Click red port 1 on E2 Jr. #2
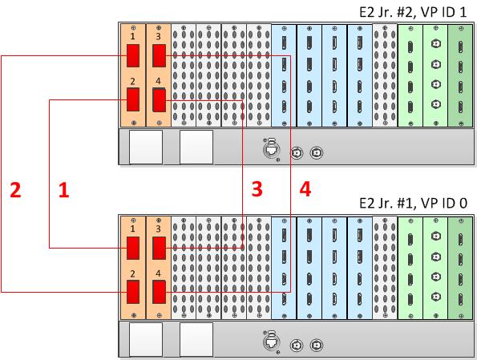point(133,55)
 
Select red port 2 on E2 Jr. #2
point(133,99)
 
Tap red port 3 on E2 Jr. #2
point(159,55)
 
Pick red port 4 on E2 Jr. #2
point(159,100)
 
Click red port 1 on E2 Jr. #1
point(133,248)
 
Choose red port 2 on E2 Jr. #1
point(133,292)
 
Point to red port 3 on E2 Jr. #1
point(159,248)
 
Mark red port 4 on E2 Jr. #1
point(159,292)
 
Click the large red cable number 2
point(15,190)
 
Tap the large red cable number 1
point(64,190)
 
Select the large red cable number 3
point(257,188)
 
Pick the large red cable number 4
point(305,188)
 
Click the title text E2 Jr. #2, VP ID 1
point(413,12)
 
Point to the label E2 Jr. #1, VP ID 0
point(413,203)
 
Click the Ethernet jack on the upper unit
point(270,149)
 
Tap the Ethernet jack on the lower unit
point(270,342)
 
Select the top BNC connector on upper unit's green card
point(436,44)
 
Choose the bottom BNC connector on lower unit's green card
point(436,297)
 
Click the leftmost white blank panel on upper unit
point(146,148)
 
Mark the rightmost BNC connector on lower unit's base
point(317,345)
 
